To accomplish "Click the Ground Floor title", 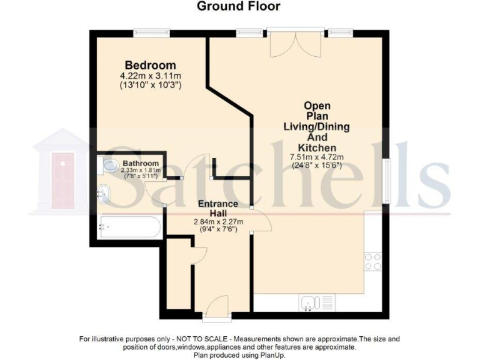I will coord(239,7).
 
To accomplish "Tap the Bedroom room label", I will coord(150,66).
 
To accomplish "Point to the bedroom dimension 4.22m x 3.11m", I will coord(150,76).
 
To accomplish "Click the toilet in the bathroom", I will coord(109,166).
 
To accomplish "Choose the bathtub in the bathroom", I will coord(127,226).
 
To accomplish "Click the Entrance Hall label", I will coord(217,209).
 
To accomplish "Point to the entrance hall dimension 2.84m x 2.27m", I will coord(217,221).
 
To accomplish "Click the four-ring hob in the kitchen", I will coord(373,261).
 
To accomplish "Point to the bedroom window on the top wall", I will coord(151,32).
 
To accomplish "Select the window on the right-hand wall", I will coord(388,178).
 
